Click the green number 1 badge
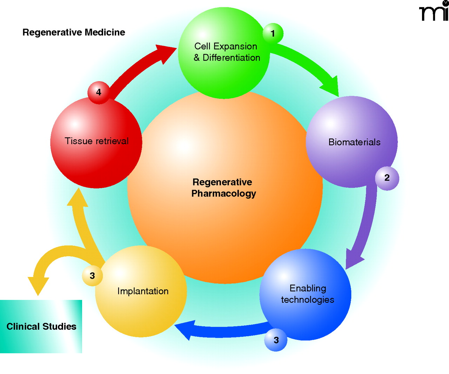[273, 34]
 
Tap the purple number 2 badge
[387, 178]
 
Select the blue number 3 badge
[276, 340]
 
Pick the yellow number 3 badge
[92, 276]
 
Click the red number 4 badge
[99, 92]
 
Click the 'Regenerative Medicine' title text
[74, 33]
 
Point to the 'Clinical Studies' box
[41, 326]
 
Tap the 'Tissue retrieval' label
[96, 141]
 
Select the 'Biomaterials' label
[354, 142]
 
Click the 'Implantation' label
[143, 291]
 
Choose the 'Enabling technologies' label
[307, 294]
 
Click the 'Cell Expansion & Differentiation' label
[227, 52]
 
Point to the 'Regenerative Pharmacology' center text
[223, 188]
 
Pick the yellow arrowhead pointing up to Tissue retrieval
[78, 198]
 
